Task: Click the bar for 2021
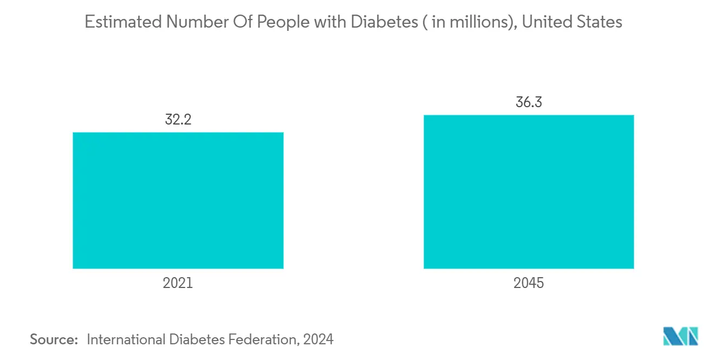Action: (x=178, y=200)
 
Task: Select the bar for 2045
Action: (x=528, y=192)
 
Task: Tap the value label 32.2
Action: (x=178, y=120)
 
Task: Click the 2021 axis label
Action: (x=178, y=283)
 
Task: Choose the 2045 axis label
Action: (x=529, y=283)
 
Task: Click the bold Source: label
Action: (x=54, y=340)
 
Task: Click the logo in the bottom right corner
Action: (x=681, y=337)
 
